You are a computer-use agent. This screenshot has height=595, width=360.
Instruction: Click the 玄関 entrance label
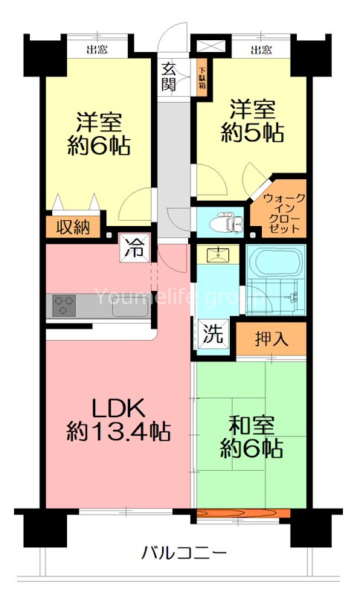(x=169, y=75)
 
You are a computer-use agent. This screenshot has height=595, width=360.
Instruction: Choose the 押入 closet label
(x=271, y=338)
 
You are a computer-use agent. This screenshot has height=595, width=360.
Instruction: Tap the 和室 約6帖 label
(x=251, y=437)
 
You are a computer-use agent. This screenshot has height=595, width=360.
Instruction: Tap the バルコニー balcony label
(x=183, y=553)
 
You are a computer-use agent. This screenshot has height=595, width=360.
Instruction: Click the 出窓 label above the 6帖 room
(x=95, y=51)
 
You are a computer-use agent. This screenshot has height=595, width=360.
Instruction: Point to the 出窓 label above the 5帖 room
(x=260, y=51)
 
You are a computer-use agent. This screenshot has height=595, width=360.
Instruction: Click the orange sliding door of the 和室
(x=242, y=513)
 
